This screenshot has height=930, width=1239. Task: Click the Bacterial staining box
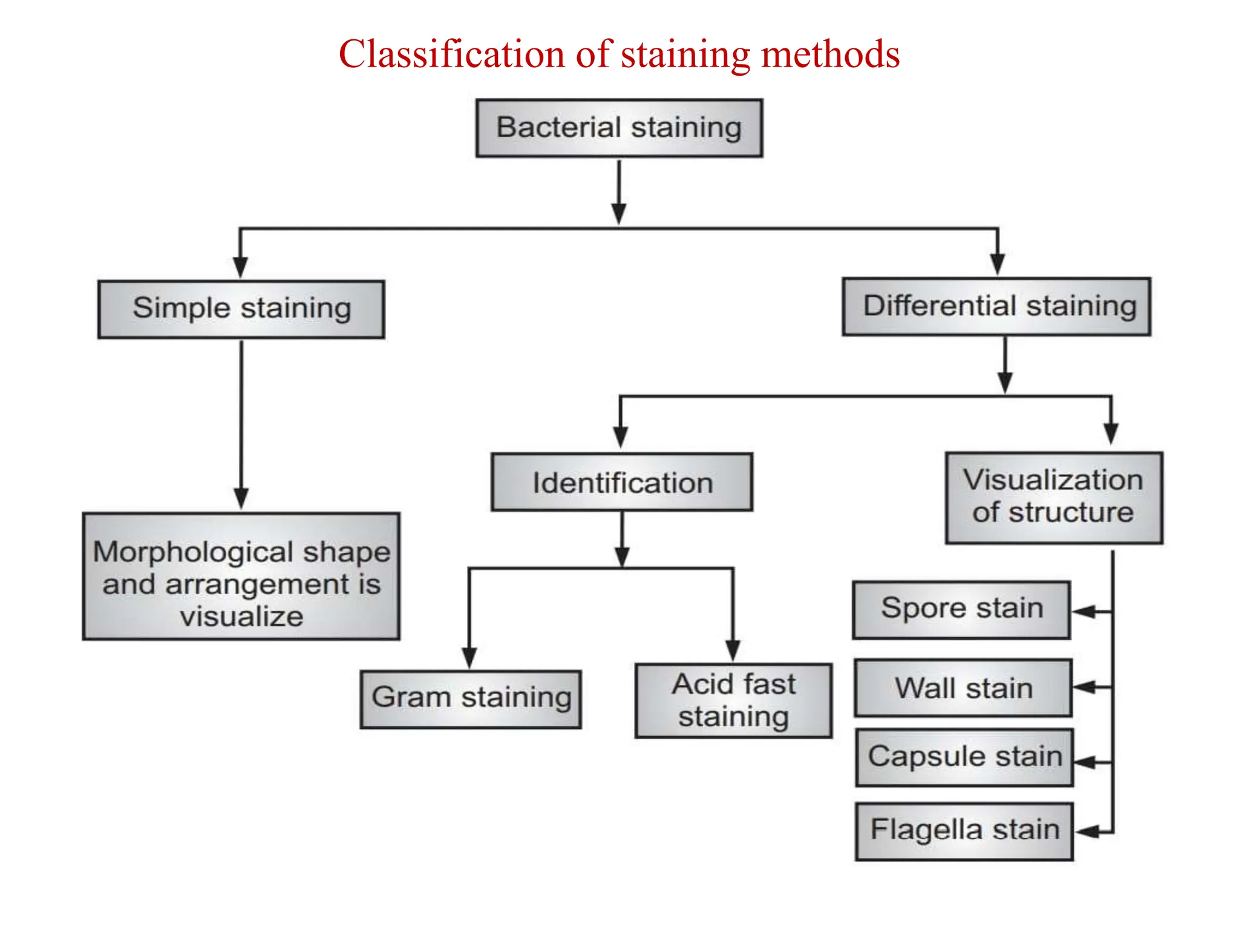(619, 128)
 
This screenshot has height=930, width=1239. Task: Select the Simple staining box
(241, 309)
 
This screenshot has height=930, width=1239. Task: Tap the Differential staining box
(996, 306)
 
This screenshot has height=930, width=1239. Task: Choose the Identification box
(622, 483)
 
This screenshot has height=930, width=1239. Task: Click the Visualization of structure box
(1054, 497)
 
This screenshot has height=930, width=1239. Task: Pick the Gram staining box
(471, 699)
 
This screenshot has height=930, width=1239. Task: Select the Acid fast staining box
(733, 701)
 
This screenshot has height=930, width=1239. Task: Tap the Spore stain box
(961, 610)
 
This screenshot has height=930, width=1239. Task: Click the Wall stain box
(963, 688)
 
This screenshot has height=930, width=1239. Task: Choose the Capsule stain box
(964, 757)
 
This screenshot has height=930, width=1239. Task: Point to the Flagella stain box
(964, 831)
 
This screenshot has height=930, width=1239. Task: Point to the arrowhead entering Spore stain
(1084, 612)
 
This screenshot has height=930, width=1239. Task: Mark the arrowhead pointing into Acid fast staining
(733, 650)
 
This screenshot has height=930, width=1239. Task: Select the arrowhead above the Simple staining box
(241, 266)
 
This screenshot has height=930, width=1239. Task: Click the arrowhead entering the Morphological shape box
(241, 498)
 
